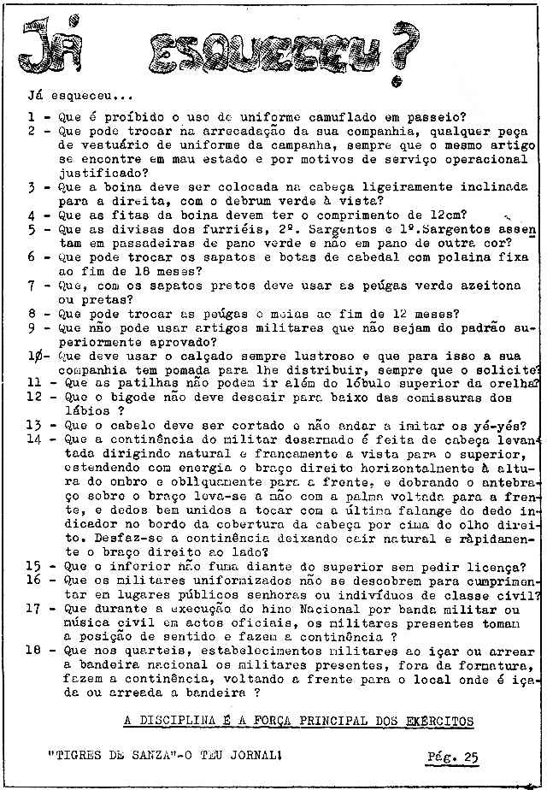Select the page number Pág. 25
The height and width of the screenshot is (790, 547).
(454, 757)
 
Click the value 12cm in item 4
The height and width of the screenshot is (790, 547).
(458, 215)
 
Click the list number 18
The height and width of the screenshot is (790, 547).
(34, 650)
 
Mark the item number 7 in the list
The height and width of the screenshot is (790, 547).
(32, 285)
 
